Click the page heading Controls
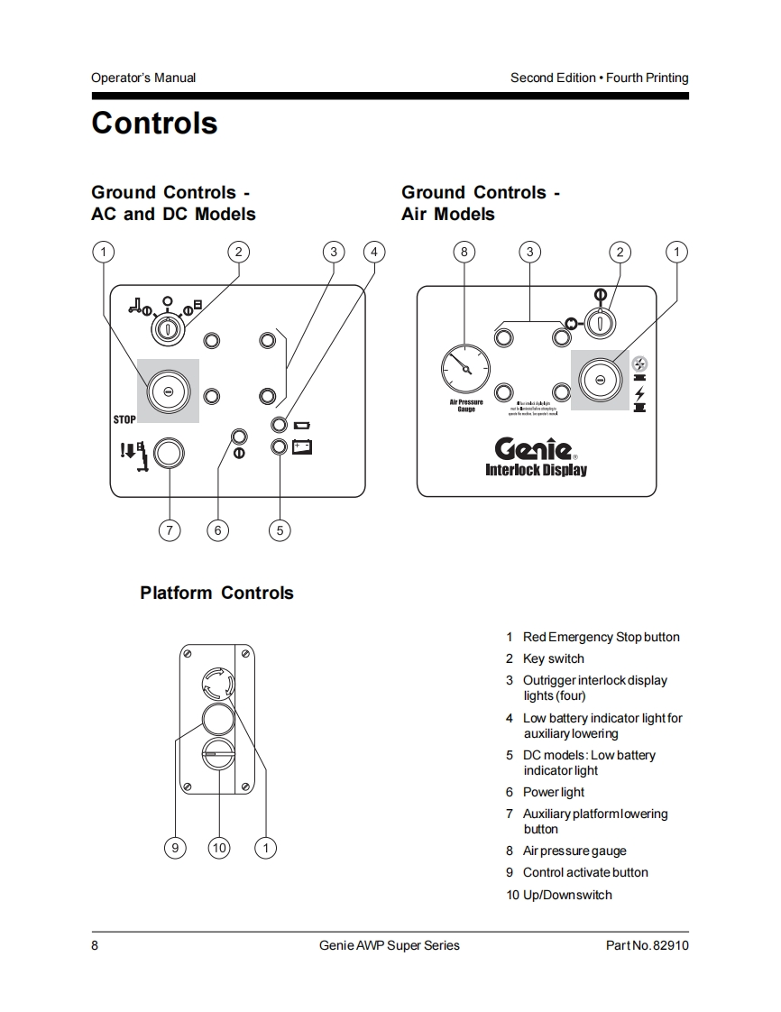tap(154, 124)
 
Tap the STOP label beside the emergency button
tap(124, 419)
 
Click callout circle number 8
tap(464, 252)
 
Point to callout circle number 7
tap(170, 530)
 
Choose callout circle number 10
tap(218, 847)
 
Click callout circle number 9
tap(176, 847)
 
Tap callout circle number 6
tap(217, 530)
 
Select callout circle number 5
tap(280, 530)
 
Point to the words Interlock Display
tap(536, 470)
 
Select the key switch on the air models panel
tap(599, 321)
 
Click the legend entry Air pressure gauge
tap(574, 851)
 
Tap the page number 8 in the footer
tap(95, 945)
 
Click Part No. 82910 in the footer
tap(647, 945)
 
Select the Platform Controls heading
tap(216, 593)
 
